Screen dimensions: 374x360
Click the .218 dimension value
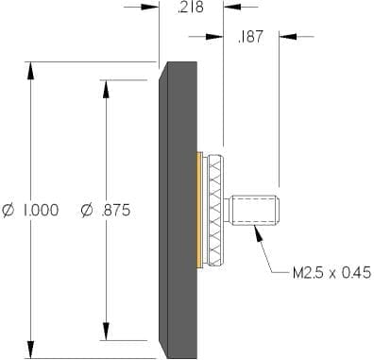191,7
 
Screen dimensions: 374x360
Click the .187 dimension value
250,37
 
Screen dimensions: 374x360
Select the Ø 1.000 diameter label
30,210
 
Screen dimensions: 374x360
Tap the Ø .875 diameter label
105,210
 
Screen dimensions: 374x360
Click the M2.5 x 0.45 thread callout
332,273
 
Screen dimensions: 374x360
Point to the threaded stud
253,211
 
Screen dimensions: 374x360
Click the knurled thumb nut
215,211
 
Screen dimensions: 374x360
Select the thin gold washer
199,211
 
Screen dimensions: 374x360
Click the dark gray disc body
178,210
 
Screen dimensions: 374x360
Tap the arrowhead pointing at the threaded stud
258,233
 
